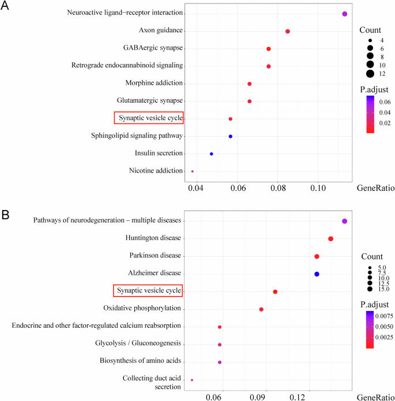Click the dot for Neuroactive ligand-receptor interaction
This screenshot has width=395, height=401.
pos(344,14)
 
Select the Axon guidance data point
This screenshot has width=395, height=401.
pos(288,31)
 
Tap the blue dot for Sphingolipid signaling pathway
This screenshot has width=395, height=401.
pos(231,136)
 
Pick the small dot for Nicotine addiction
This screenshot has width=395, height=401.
pos(193,171)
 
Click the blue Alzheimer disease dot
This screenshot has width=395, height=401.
pos(317,274)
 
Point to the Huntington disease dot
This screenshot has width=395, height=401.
pos(330,239)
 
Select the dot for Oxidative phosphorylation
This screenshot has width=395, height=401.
pos(261,309)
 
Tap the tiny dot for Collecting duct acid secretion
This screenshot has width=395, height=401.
pos(192,380)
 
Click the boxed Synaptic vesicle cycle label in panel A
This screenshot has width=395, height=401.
pos(149,118)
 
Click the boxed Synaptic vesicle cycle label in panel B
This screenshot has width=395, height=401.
pos(147,291)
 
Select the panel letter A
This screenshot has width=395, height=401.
pos(6,7)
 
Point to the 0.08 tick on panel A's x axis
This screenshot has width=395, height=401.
pos(278,188)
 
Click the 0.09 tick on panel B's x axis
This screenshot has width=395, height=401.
pos(258,397)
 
